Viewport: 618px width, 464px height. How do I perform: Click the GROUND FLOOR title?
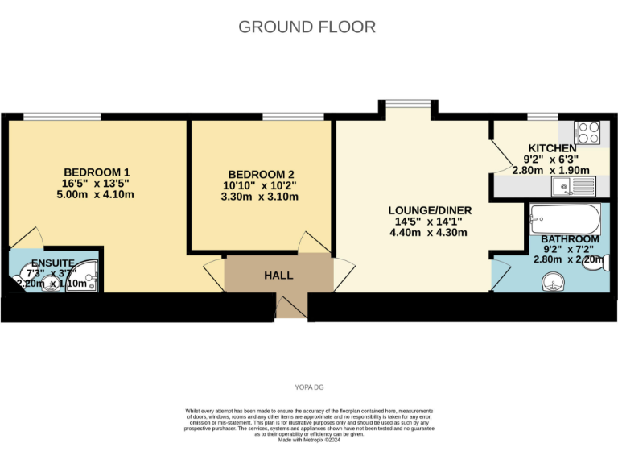pyautogui.click(x=307, y=27)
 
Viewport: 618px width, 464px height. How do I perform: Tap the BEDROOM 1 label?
pyautogui.click(x=97, y=172)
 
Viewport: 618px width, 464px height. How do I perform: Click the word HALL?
pyautogui.click(x=278, y=275)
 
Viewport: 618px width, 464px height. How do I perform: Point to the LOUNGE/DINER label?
pyautogui.click(x=427, y=210)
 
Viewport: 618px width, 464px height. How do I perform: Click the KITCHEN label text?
pyautogui.click(x=551, y=148)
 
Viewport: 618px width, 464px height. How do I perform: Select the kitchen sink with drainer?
pyautogui.click(x=572, y=188)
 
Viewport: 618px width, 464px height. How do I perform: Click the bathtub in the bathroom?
pyautogui.click(x=566, y=217)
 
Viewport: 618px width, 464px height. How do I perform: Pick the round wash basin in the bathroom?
pyautogui.click(x=552, y=281)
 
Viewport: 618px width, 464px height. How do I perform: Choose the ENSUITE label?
pyautogui.click(x=53, y=263)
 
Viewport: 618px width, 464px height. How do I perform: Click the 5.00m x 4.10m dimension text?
pyautogui.click(x=97, y=195)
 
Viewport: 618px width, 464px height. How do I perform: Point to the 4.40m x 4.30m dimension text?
pyautogui.click(x=427, y=233)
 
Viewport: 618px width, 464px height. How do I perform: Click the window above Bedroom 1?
pyautogui.click(x=62, y=117)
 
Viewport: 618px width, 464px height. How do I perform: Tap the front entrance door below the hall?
pyautogui.click(x=291, y=306)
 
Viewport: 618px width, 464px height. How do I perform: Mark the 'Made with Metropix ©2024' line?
pyautogui.click(x=309, y=441)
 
